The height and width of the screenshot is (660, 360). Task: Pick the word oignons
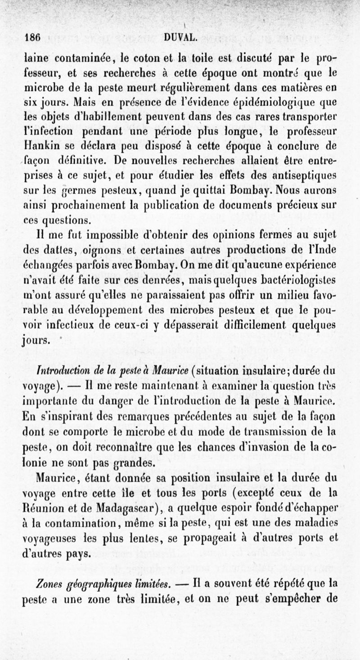point(120,250)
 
